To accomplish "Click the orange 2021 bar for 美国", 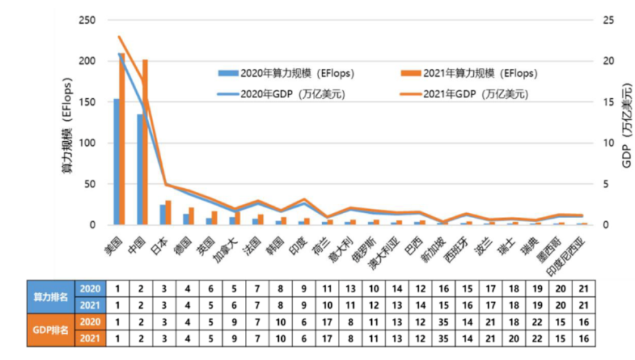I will (122, 139).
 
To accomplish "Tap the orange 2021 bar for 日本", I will (168, 212).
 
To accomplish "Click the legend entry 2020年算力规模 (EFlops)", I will (286, 73).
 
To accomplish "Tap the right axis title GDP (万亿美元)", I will (626, 125).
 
